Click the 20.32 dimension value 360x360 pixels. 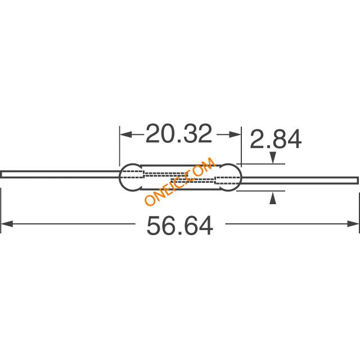coord(179,134)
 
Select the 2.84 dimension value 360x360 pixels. coord(276,139)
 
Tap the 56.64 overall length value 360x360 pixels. coord(180,226)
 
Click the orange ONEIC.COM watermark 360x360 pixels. coord(180,181)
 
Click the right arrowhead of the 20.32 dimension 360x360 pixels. coord(235,134)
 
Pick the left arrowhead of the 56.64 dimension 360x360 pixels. coord(7,224)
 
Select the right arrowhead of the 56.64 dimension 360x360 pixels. coord(353,224)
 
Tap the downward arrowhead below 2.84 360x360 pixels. coord(273,157)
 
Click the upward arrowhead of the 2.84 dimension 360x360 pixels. coord(273,198)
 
